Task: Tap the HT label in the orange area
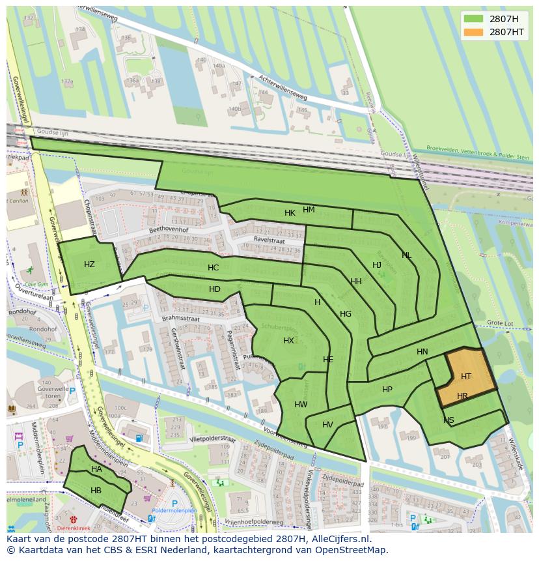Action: click(x=466, y=377)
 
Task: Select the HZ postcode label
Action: click(x=89, y=265)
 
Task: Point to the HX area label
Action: click(x=288, y=341)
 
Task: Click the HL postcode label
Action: click(x=406, y=255)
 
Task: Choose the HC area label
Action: click(x=213, y=268)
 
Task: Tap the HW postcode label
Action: click(x=301, y=405)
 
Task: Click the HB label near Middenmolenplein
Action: click(x=96, y=491)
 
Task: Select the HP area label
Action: click(x=387, y=390)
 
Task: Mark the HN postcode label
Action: click(x=422, y=352)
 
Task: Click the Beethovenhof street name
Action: click(x=168, y=230)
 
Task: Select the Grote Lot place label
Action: click(x=500, y=323)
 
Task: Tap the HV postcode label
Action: click(x=327, y=425)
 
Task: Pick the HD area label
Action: click(x=215, y=289)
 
